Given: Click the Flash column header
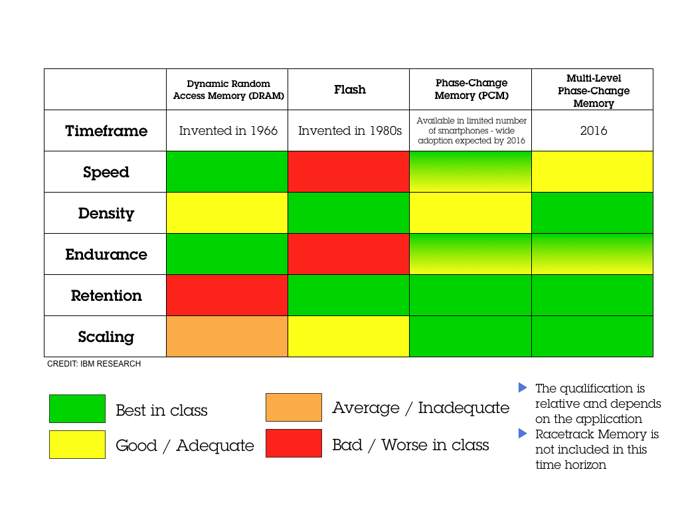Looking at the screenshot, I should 349,90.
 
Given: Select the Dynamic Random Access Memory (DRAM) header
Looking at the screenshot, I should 228,90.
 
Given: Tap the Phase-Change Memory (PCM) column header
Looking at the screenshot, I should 471,89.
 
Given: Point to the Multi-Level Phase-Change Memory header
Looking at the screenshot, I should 593,90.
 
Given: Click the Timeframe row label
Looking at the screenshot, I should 106,131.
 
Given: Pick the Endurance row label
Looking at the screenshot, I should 106,254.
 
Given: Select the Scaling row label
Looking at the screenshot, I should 106,337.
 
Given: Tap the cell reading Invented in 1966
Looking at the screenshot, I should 228,131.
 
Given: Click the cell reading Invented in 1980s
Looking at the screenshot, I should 349,131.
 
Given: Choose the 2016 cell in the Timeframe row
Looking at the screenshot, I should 593,131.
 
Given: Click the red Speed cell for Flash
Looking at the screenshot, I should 349,172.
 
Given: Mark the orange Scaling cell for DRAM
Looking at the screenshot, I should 227,337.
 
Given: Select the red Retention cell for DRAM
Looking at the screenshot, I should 227,296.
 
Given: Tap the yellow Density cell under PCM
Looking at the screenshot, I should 470,213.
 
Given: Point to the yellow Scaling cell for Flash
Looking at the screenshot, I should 349,337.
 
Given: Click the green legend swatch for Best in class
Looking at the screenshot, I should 77,409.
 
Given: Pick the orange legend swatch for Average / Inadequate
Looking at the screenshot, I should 294,408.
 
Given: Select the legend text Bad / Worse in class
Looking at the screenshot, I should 410,445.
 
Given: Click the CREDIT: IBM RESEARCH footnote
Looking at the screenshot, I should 94,364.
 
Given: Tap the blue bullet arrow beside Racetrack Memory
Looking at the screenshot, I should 523,434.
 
